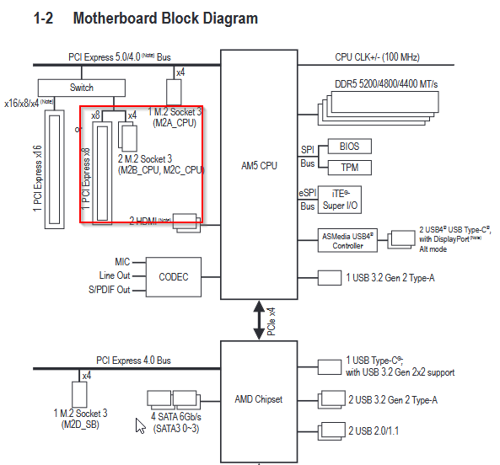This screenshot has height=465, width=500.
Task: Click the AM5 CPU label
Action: pyautogui.click(x=259, y=166)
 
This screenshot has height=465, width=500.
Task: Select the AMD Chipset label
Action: pyautogui.click(x=259, y=399)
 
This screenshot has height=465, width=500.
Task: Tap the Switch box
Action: pyautogui.click(x=82, y=88)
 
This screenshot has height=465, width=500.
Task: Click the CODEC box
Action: pyautogui.click(x=174, y=277)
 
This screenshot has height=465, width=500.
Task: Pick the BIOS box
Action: pyautogui.click(x=349, y=147)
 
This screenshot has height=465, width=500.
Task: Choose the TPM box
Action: pyautogui.click(x=349, y=168)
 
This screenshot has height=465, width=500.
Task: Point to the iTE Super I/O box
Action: pyautogui.click(x=340, y=200)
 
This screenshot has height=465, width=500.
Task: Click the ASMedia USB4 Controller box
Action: pyautogui.click(x=347, y=241)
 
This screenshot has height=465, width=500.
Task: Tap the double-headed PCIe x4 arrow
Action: pyautogui.click(x=259, y=320)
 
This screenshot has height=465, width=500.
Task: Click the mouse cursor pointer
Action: pyautogui.click(x=140, y=425)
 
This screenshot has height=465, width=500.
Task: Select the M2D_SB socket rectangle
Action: pyautogui.click(x=79, y=394)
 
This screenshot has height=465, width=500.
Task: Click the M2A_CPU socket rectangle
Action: pyautogui.click(x=174, y=93)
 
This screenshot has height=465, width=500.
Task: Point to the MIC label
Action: pyautogui.click(x=122, y=262)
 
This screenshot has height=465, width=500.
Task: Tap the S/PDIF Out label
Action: pyautogui.click(x=110, y=290)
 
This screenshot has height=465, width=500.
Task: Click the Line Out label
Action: pyautogui.click(x=115, y=275)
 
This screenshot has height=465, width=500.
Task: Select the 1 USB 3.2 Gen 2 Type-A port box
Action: pyautogui.click(x=330, y=278)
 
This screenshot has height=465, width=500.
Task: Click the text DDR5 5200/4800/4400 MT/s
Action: pyautogui.click(x=386, y=84)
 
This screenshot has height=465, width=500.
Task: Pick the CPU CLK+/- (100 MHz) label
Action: pyautogui.click(x=377, y=57)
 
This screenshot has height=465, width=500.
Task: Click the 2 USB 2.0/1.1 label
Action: pyautogui.click(x=374, y=431)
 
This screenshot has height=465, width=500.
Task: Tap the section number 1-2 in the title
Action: pyautogui.click(x=43, y=19)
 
